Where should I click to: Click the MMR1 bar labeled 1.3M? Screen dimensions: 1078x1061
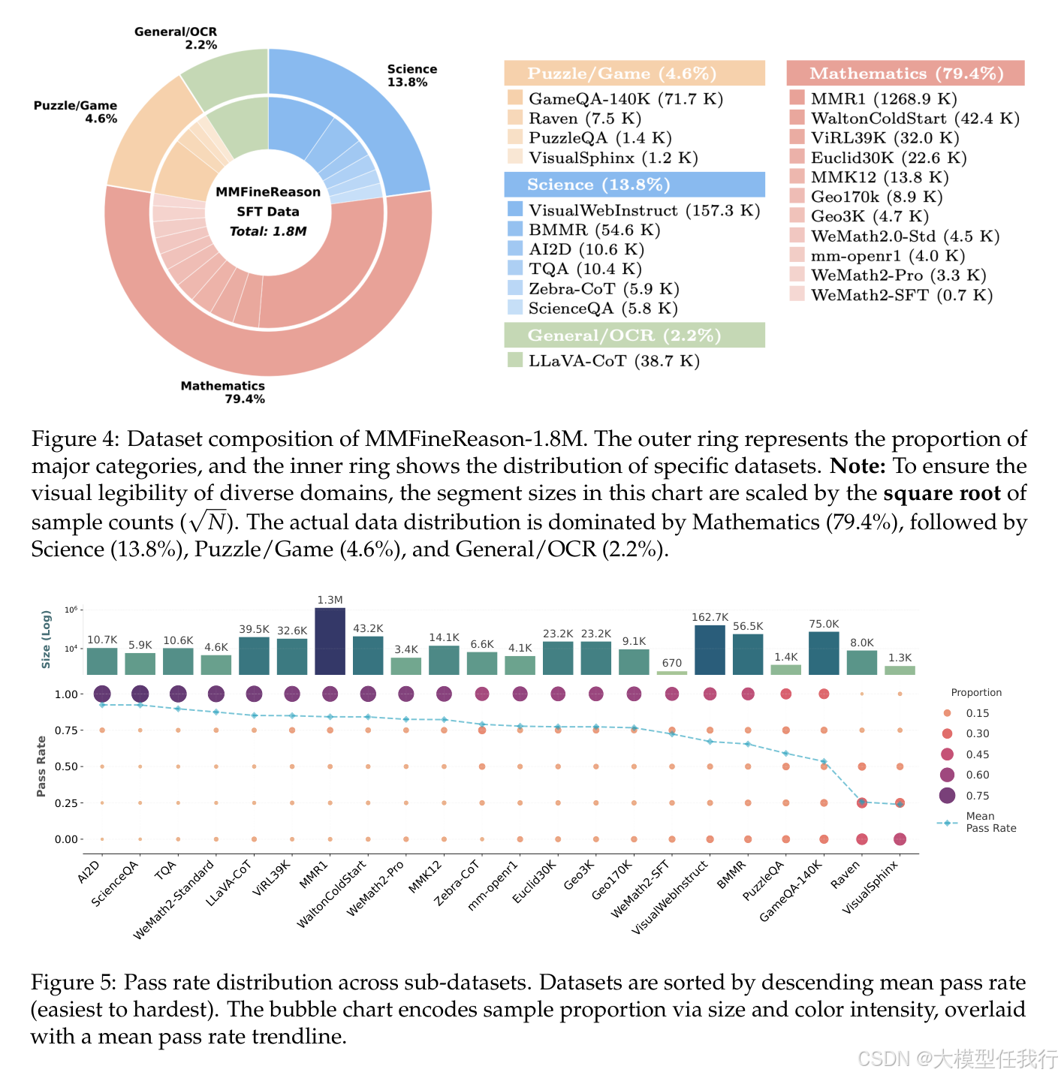(330, 641)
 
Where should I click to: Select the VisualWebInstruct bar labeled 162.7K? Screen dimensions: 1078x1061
(710, 650)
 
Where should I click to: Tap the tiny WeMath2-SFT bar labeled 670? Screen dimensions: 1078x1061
(672, 673)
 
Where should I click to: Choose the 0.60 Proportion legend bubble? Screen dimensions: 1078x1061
(947, 775)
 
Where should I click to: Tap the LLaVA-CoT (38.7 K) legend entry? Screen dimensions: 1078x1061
(613, 361)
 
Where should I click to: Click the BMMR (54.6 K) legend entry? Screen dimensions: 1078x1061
(593, 230)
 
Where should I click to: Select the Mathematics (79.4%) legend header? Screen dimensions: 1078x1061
(906, 74)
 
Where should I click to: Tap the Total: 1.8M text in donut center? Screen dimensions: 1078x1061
(268, 231)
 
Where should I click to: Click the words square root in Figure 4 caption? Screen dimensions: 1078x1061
(942, 494)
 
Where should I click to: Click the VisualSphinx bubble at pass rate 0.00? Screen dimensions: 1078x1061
(900, 839)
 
